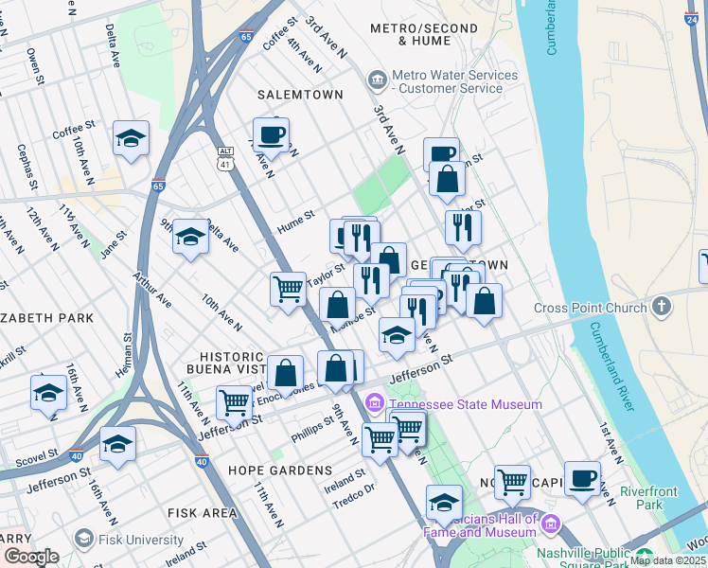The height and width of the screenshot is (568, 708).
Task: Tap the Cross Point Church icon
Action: pos(662,307)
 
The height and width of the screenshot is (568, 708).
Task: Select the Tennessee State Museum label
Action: pos(466,404)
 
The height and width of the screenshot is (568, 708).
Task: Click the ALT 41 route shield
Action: pos(225,158)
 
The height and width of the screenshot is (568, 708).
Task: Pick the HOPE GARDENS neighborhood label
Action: pos(280,470)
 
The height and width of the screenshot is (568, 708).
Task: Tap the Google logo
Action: pos(32,557)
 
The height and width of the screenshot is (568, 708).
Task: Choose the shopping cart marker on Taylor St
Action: pos(288,289)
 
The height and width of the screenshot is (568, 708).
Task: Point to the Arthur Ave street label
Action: pos(151,288)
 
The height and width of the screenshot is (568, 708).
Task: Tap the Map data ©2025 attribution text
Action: pos(667,560)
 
